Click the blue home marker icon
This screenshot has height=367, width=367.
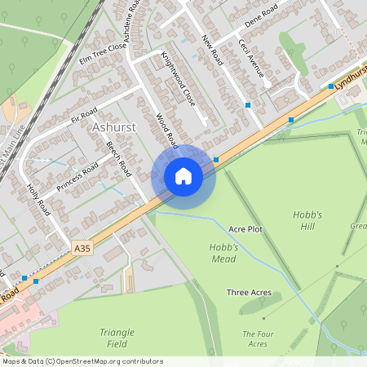[183, 176]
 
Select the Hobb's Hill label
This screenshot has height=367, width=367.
[308, 220]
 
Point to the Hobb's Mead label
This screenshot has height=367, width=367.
[223, 253]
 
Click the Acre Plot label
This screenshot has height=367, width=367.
[245, 229]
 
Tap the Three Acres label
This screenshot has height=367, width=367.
[249, 292]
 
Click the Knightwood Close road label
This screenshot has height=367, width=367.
[179, 80]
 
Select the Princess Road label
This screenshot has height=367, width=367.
[78, 177]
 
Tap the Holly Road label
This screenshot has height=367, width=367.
[38, 199]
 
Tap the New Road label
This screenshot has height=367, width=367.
[212, 51]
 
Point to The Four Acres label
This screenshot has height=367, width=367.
[258, 338]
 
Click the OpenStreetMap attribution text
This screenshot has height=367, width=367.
[82, 361]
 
